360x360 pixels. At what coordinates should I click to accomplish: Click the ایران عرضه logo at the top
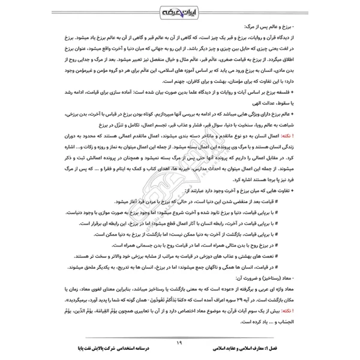coord(180,11)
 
